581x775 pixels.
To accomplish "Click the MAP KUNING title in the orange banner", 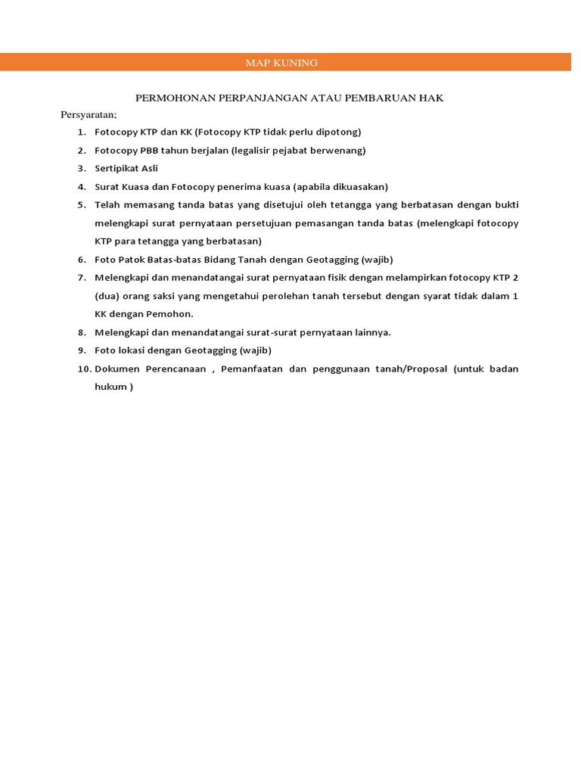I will [281, 63].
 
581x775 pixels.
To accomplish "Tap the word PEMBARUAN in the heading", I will [382, 98].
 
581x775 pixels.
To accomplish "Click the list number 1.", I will [81, 132].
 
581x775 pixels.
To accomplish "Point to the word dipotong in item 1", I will [340, 132].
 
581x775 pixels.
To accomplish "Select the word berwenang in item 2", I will [338, 151].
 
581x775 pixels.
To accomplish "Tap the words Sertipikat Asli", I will [126, 169].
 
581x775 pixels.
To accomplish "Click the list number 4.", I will [81, 187].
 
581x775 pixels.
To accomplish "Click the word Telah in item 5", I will [107, 205].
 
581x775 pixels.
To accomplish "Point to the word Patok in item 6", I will [129, 260].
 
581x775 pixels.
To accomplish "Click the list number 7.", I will [81, 278].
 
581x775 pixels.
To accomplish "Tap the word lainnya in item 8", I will [371, 332].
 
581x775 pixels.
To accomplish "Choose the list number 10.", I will [83, 369].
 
